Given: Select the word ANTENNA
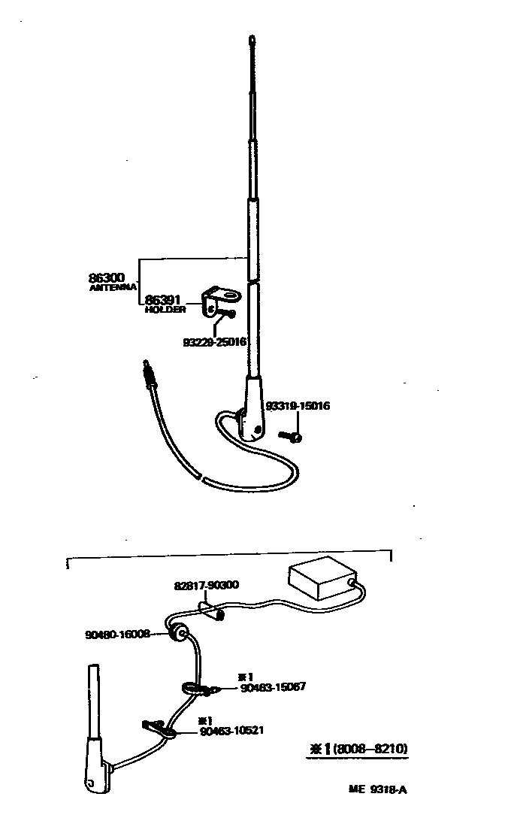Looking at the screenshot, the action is point(113,287).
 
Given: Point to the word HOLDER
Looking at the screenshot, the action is point(165,310).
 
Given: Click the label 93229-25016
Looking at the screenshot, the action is point(215,341).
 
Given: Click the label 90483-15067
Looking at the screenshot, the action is point(273,687).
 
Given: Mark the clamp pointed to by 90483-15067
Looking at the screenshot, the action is point(197,687).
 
